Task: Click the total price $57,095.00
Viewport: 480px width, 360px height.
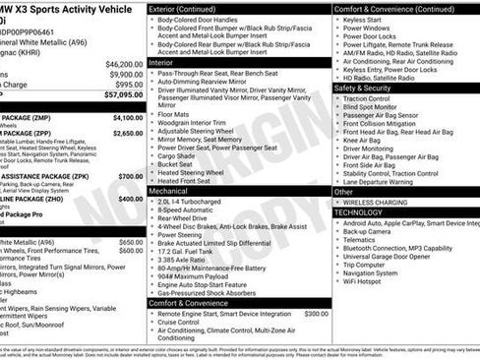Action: [x=118, y=95]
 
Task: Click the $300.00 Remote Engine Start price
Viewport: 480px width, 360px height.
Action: [x=317, y=313]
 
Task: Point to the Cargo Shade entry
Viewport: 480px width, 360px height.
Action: [x=178, y=155]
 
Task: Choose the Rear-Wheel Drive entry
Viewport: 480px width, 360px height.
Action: [x=187, y=218]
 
